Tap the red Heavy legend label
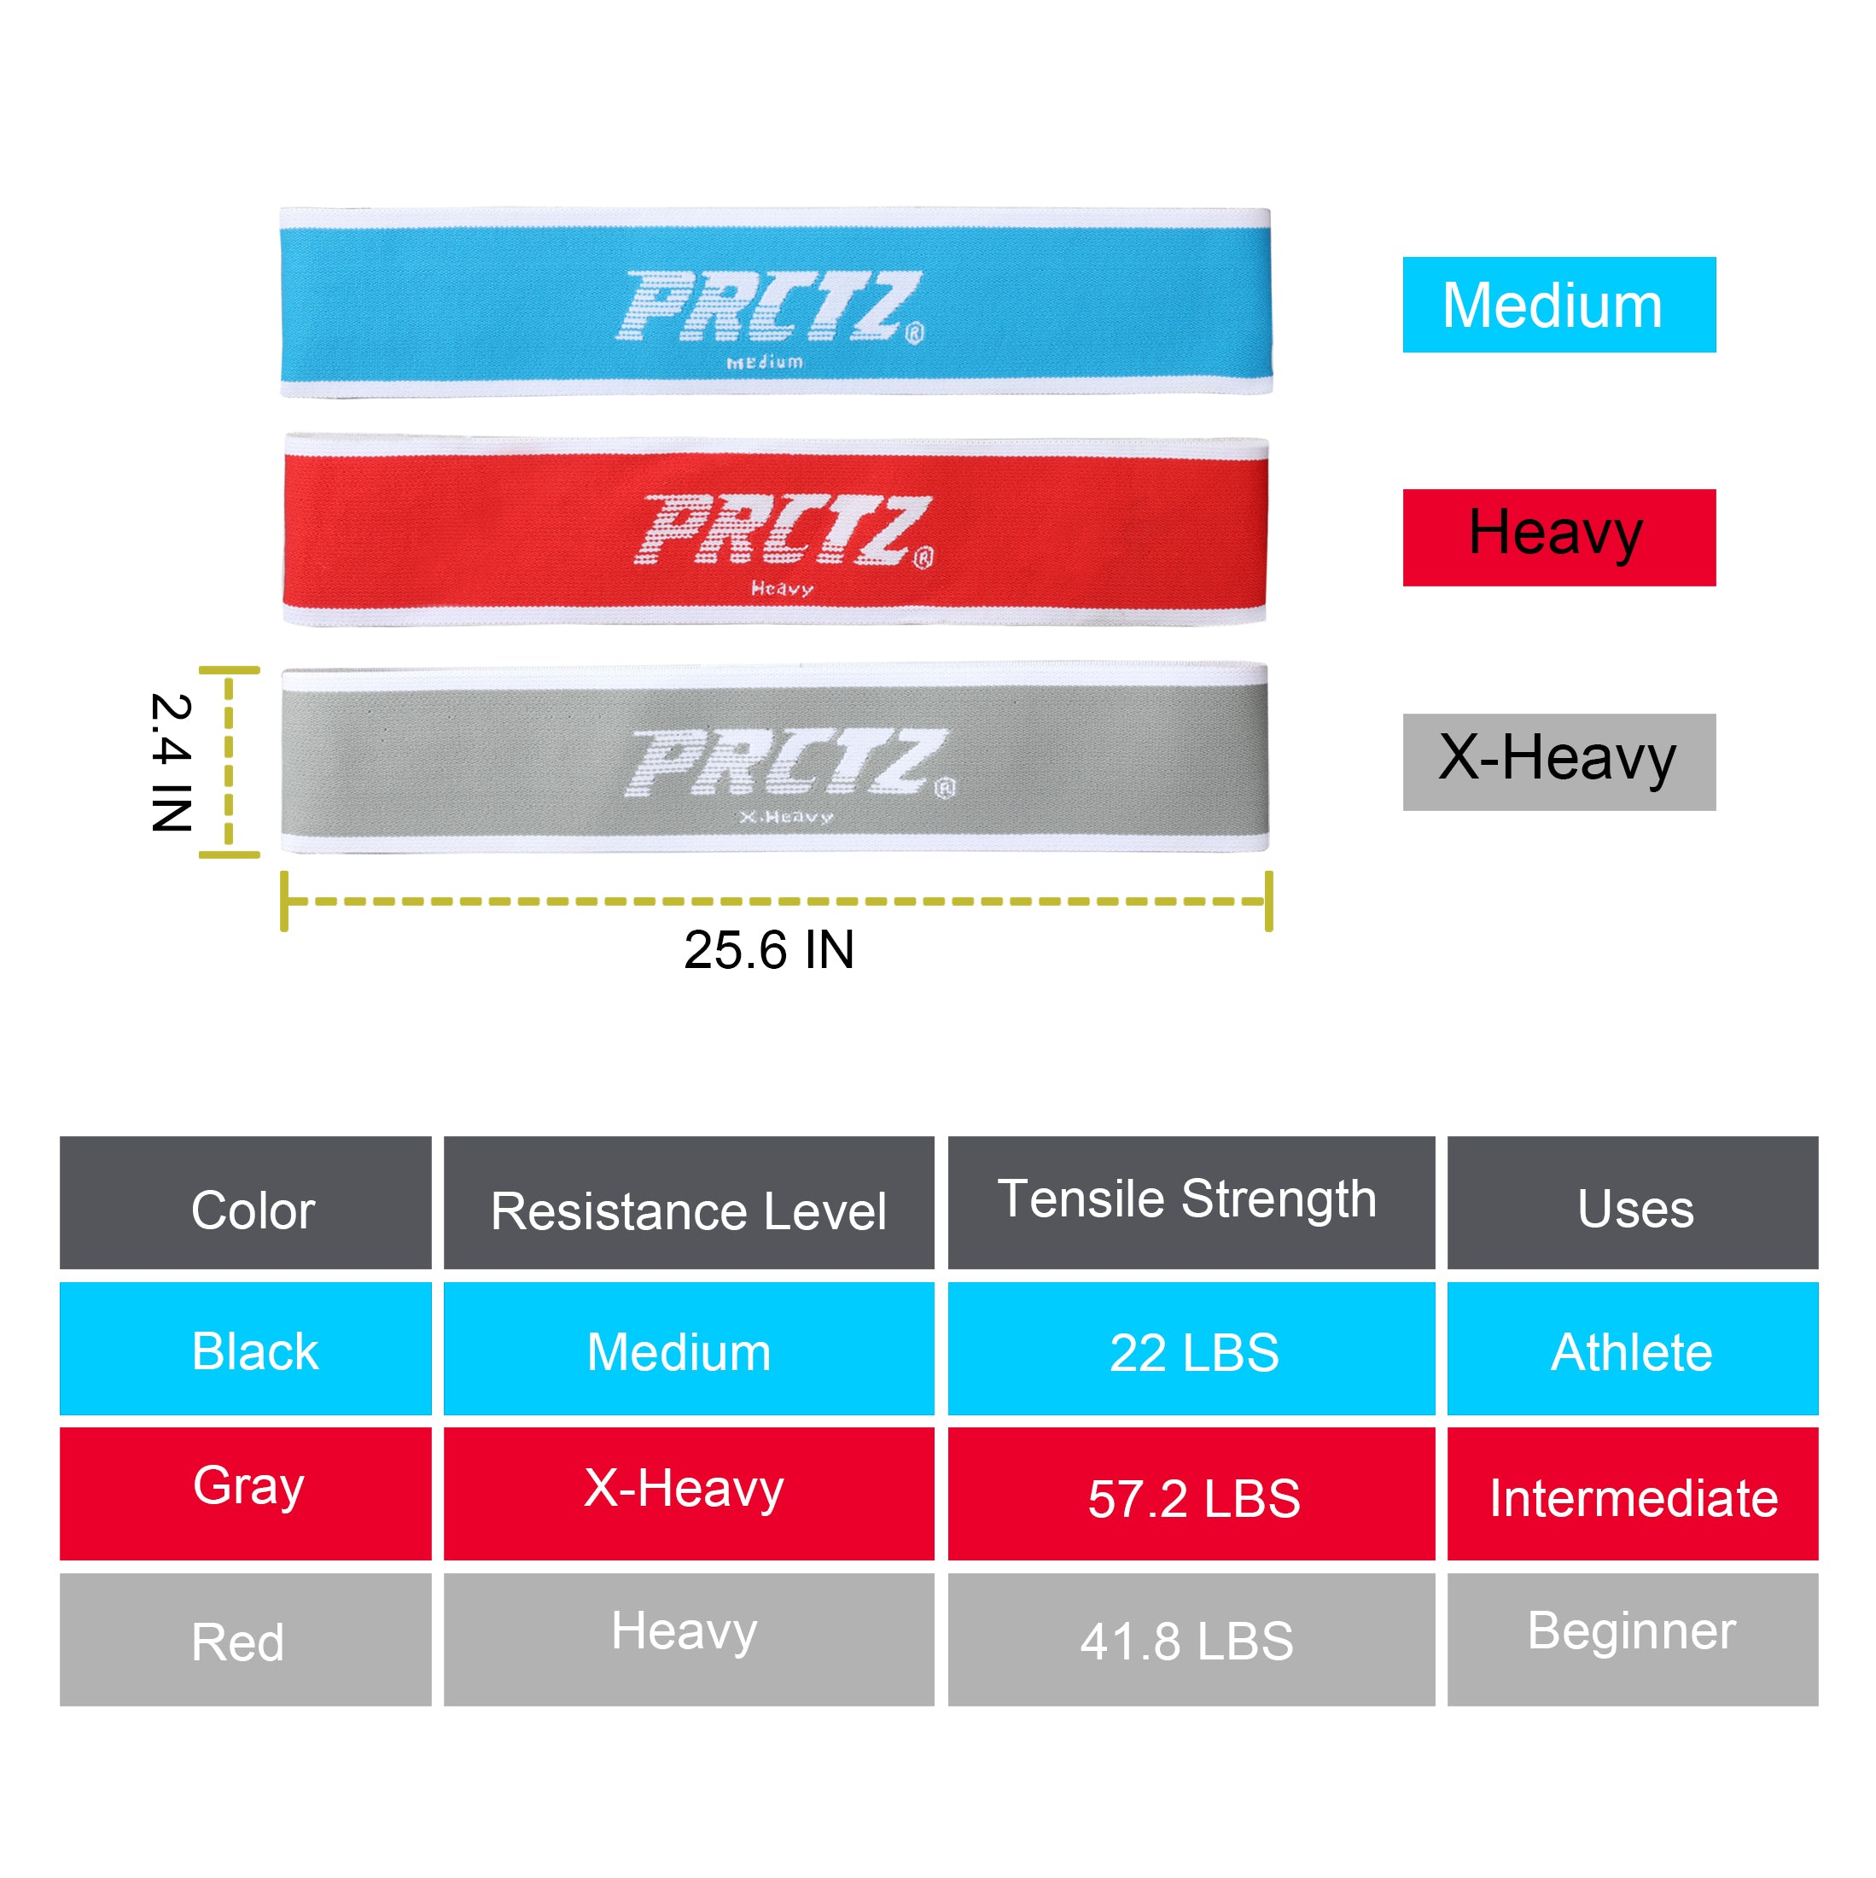pyautogui.click(x=1558, y=537)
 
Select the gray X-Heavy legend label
pyautogui.click(x=1558, y=761)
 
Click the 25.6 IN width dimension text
pyautogui.click(x=769, y=950)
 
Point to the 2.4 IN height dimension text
pyautogui.click(x=171, y=762)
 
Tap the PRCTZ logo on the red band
pyautogui.click(x=784, y=531)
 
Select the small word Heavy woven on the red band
pyautogui.click(x=782, y=588)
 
